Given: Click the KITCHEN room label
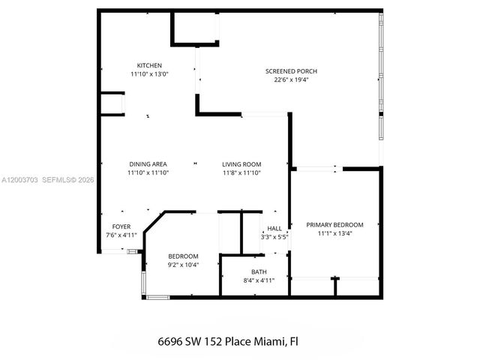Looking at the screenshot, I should click(x=148, y=65).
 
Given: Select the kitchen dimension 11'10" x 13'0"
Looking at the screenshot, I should click(x=148, y=74).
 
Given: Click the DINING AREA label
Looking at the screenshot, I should click(x=148, y=164).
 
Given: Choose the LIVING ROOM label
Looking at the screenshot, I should click(x=241, y=164).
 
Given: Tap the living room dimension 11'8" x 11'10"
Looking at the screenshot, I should click(x=241, y=173).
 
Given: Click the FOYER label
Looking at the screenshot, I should click(x=121, y=226).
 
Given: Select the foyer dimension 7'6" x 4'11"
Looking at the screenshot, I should click(x=121, y=235).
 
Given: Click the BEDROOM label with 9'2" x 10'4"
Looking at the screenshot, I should click(x=182, y=255).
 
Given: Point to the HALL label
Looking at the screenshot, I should click(x=274, y=228).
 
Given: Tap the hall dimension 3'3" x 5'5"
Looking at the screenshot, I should click(x=274, y=237).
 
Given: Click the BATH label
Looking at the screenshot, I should click(x=259, y=271).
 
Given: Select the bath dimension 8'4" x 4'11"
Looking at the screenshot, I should click(x=259, y=280).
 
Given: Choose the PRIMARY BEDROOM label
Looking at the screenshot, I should click(x=334, y=224).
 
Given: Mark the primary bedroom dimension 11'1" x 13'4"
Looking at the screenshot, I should click(x=334, y=233).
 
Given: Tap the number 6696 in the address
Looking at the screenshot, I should click(x=172, y=341).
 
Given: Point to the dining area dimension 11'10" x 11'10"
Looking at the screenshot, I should click(x=148, y=173).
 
